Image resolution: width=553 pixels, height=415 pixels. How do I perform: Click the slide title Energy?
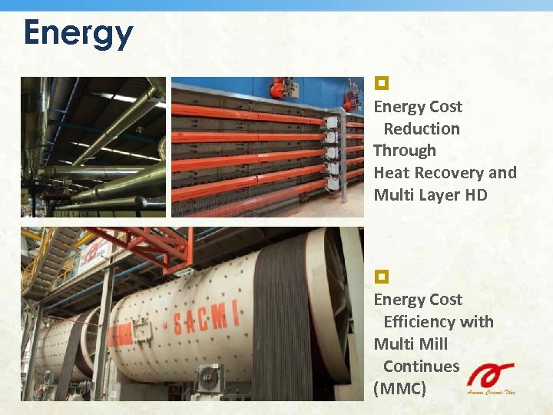[x=78, y=33]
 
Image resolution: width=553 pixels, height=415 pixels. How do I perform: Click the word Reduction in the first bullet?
[x=422, y=129]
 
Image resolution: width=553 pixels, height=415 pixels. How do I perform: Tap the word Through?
[x=405, y=151]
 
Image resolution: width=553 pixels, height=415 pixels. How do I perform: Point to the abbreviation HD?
[x=475, y=195]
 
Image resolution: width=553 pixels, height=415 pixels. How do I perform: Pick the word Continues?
[x=421, y=367]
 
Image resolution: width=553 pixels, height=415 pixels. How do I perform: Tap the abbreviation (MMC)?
[x=399, y=389]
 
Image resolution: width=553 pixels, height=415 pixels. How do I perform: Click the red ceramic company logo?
[x=489, y=377]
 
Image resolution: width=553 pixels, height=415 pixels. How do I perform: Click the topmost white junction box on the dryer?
[x=332, y=121]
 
